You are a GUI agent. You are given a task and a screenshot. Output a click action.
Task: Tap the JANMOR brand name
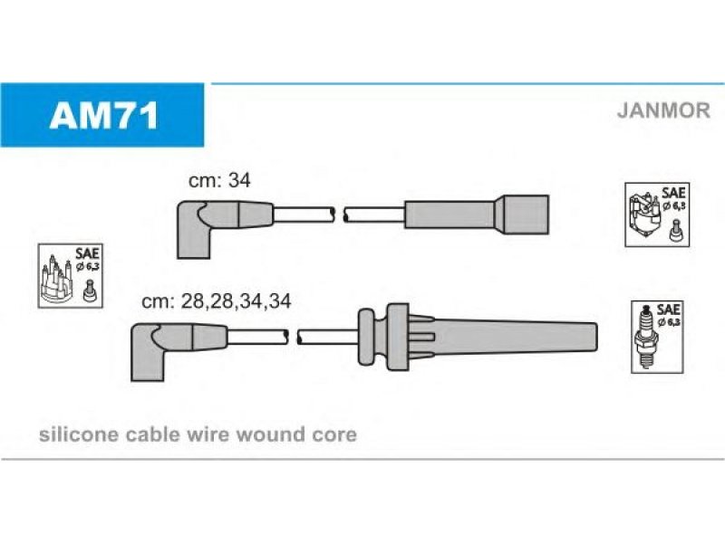pos(662,110)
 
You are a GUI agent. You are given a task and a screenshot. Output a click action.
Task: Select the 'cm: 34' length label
pos(218,181)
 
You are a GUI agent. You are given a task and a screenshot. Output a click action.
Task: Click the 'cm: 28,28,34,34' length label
pos(217,303)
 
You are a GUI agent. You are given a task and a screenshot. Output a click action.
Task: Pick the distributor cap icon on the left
pos(58,281)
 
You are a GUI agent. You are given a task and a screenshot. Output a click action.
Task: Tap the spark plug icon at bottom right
pos(646,337)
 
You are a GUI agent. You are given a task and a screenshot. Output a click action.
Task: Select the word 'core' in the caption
pos(334,434)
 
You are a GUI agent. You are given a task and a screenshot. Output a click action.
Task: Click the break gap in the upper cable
pos(341,214)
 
